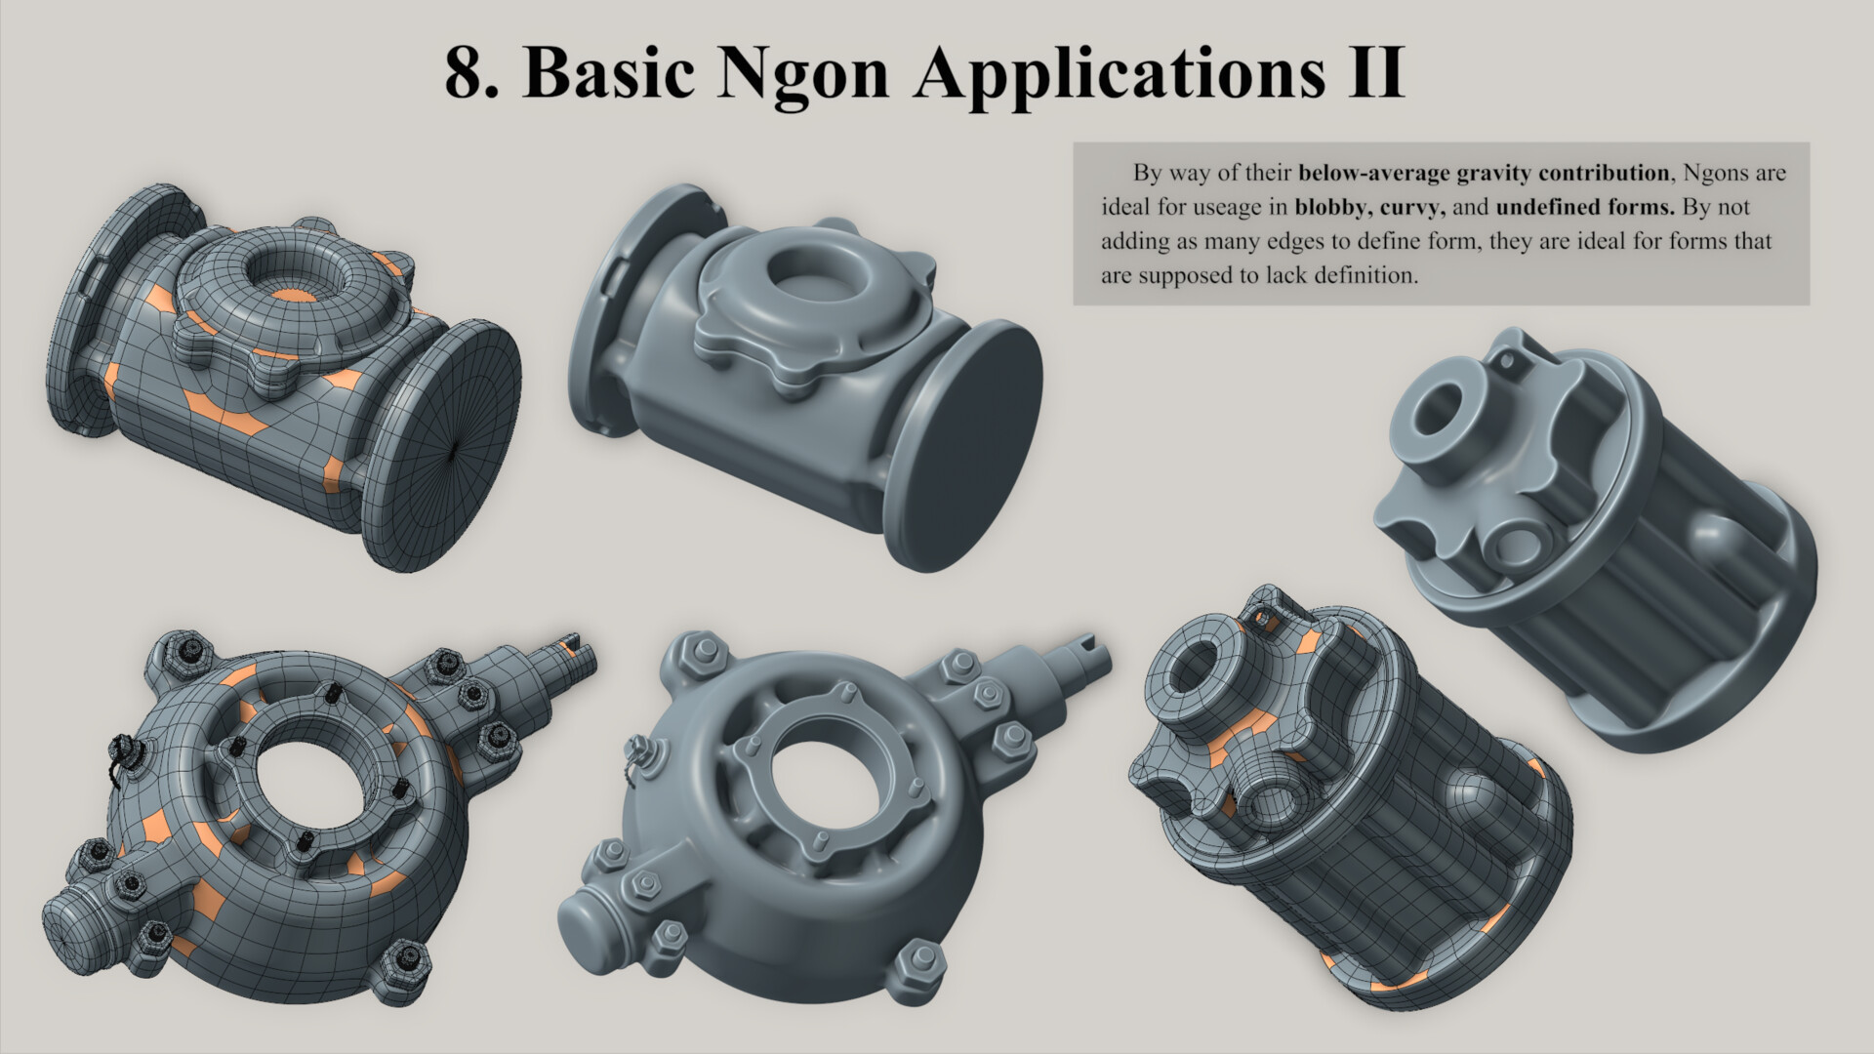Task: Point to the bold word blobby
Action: (x=1331, y=208)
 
